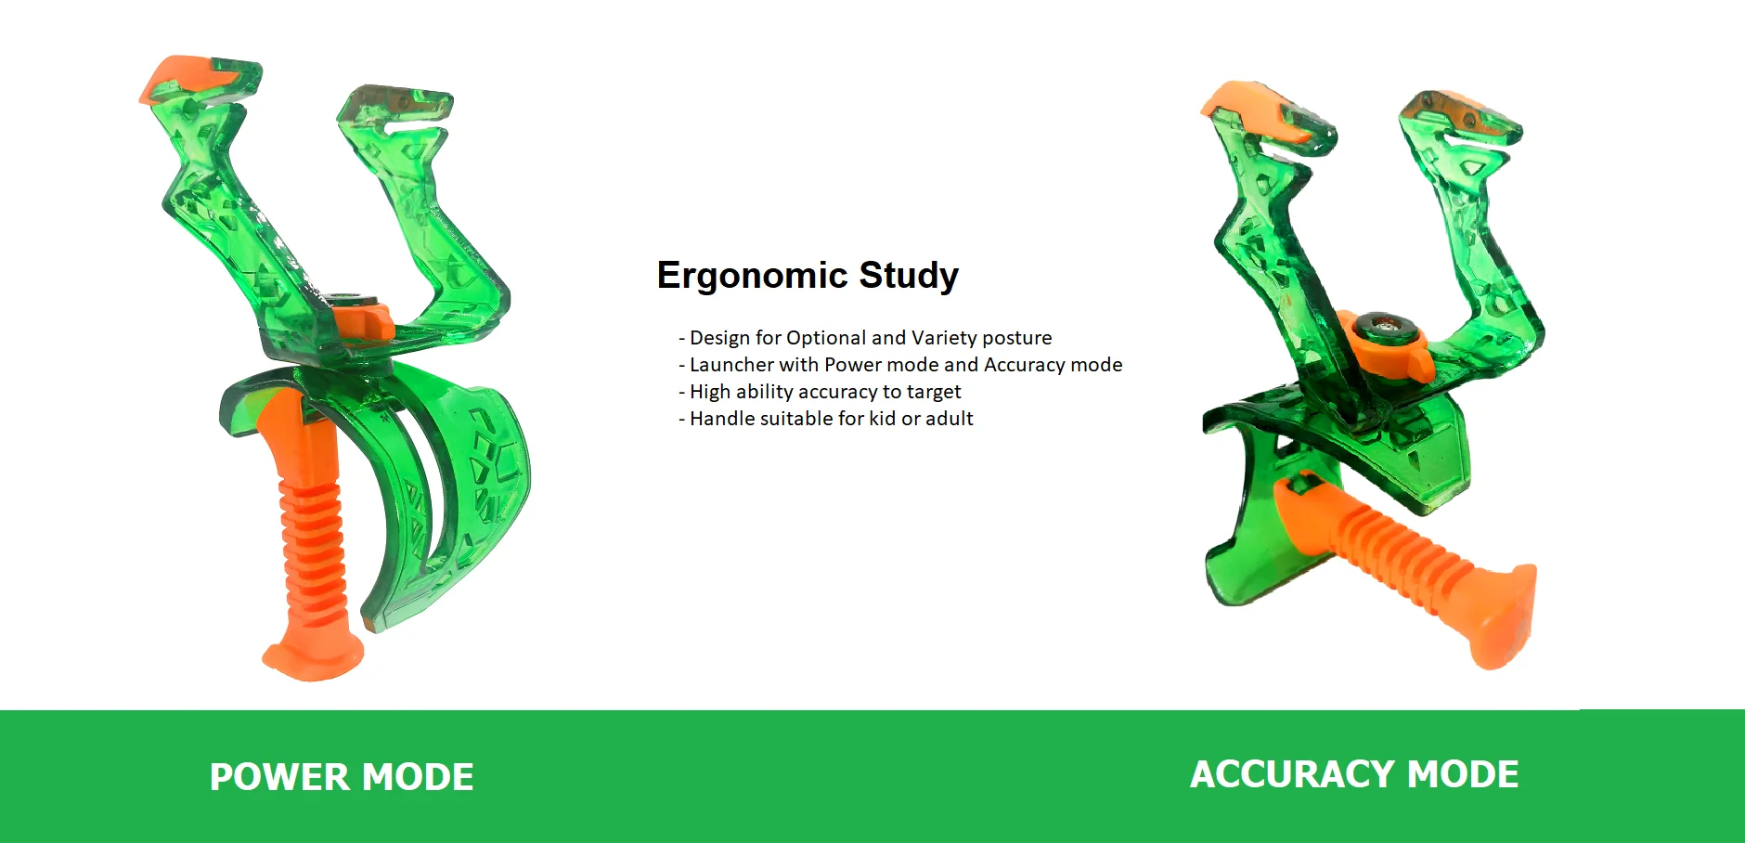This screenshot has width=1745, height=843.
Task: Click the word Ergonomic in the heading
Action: (753, 277)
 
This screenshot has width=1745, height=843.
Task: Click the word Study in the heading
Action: (909, 277)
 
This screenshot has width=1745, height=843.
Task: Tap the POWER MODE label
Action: (342, 777)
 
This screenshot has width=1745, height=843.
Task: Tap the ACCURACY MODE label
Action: (1354, 774)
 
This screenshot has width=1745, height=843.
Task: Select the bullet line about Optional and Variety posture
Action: (865, 338)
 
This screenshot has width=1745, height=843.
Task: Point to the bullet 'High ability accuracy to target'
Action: (820, 392)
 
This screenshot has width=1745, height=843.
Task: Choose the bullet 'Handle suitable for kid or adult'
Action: (826, 419)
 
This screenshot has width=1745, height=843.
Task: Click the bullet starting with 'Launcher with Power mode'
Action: (900, 365)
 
